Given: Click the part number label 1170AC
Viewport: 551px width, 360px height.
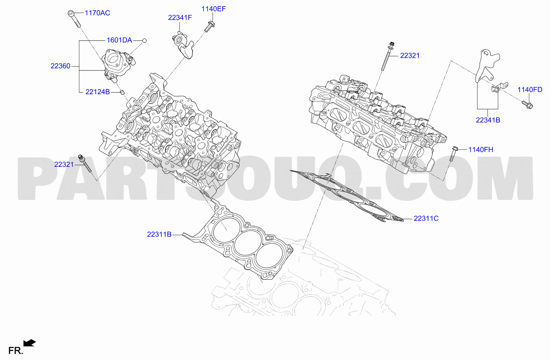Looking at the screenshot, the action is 97,13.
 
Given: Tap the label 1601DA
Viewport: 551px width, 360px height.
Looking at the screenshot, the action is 119,40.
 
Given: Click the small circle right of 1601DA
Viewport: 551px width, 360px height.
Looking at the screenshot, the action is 144,41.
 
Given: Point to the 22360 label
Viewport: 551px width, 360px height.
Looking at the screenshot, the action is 60,66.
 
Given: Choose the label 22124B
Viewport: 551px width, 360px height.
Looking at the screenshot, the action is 98,92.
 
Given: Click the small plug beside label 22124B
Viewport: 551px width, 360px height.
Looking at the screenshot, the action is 122,92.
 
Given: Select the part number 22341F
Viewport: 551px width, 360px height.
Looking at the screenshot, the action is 180,18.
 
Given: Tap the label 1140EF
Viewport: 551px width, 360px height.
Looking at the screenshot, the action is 214,9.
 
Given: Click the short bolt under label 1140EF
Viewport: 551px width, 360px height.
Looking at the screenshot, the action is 210,27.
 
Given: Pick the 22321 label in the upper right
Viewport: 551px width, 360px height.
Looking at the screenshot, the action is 410,56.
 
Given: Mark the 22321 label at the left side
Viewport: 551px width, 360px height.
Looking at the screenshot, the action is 64,164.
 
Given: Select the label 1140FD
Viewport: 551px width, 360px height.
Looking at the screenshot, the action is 530,90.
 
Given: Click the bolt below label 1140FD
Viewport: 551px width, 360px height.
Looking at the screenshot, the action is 527,105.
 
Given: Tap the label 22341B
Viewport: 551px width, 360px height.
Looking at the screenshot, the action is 488,120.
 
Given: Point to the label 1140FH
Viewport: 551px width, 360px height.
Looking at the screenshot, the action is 480,150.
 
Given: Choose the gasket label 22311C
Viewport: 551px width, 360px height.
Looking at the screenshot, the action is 426,219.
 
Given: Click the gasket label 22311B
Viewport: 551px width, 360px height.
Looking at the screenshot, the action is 159,234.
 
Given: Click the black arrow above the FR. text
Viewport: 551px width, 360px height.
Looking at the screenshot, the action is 29,343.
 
